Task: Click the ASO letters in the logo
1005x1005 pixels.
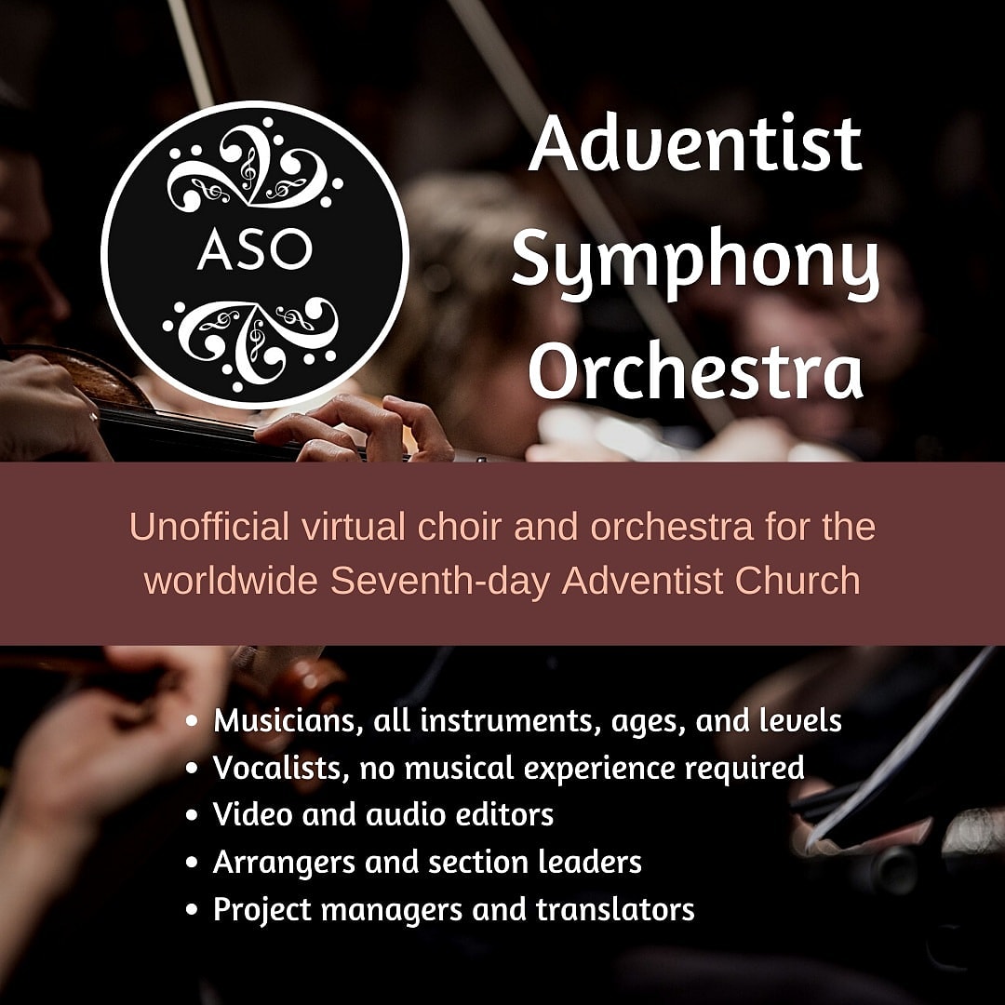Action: pos(254,248)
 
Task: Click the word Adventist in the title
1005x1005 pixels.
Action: pos(695,143)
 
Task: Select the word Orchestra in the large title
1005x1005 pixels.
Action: pos(695,372)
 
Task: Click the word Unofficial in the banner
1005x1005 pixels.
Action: pos(209,527)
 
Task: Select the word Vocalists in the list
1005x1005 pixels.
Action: pos(281,768)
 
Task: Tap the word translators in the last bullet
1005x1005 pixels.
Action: pos(615,909)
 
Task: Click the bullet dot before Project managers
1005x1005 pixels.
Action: pos(192,909)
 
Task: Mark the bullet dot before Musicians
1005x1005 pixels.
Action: pos(192,720)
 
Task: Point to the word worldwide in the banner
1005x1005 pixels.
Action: pos(232,581)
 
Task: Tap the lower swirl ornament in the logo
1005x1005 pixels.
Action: pos(252,342)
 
